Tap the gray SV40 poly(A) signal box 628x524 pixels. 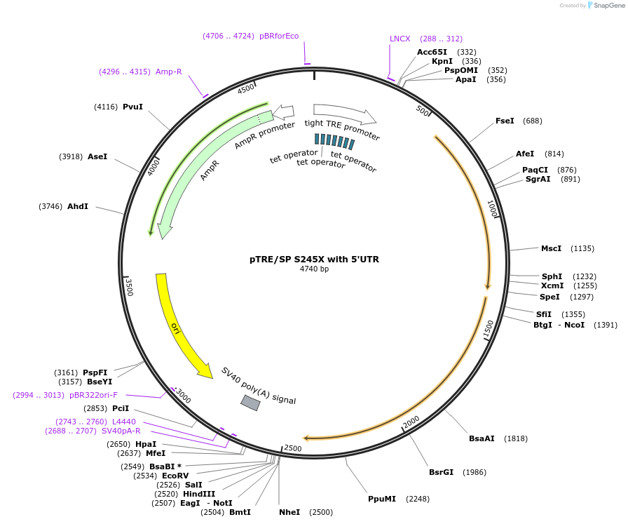pos(251,403)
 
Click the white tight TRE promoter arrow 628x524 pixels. pos(344,114)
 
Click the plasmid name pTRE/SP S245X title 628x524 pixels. pos(314,260)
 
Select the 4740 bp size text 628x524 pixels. pos(314,269)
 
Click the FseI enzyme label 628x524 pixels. pos(505,121)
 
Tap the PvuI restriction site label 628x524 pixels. pos(132,107)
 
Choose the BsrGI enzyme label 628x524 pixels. pos(441,472)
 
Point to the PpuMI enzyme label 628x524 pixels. pos(382,499)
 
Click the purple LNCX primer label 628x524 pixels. pos(400,39)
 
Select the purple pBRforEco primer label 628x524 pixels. pos(279,36)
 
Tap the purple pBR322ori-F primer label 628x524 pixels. pos(93,395)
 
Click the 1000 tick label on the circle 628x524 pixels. pos(492,208)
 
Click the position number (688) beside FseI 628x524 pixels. pos(532,121)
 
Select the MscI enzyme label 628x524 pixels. pos(551,248)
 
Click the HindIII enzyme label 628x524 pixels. pos(199,494)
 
